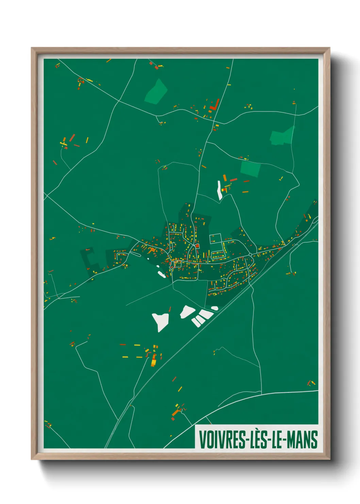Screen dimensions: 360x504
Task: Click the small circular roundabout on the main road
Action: (250, 254)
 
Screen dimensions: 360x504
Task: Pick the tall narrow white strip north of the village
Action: (219, 190)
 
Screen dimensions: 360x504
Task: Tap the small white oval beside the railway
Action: (214, 308)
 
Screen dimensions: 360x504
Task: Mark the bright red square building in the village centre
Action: (197, 246)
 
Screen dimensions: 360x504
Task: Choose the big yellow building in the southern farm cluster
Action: (153, 360)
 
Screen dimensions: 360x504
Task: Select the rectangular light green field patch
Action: (250, 169)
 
